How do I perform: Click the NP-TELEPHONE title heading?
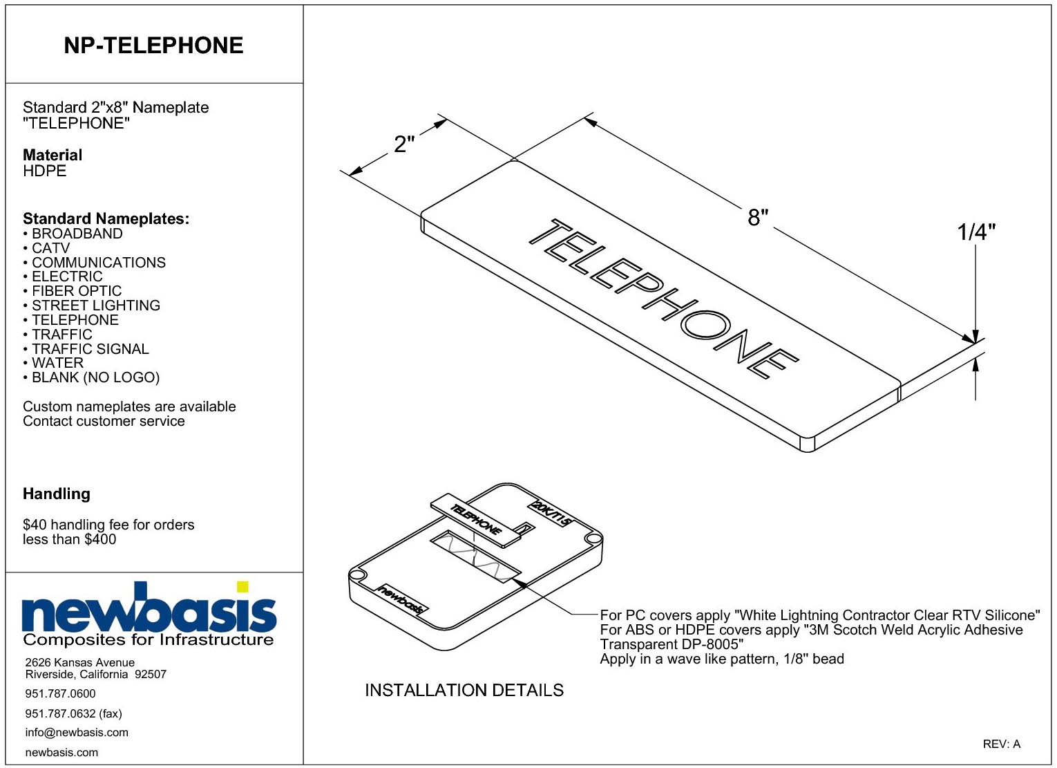[x=153, y=46]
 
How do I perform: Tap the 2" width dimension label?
[x=404, y=144]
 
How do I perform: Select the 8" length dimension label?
[x=758, y=217]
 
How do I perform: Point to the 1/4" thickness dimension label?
[x=976, y=232]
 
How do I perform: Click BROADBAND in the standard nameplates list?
[x=77, y=234]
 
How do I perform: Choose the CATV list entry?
[x=50, y=248]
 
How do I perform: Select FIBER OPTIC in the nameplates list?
[x=77, y=291]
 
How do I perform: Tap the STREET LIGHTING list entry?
[x=96, y=306]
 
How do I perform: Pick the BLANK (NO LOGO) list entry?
[x=96, y=377]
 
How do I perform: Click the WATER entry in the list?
[x=57, y=364]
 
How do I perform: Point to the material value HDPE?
[x=45, y=171]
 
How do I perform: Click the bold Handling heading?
[x=57, y=494]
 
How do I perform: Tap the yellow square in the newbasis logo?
[x=242, y=587]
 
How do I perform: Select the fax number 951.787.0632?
[x=60, y=713]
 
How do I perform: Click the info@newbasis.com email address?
[x=77, y=733]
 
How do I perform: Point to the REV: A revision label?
[x=1002, y=744]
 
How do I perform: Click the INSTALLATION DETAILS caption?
[x=464, y=691]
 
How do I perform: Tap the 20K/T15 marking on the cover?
[x=551, y=513]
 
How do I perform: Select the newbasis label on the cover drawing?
[x=401, y=599]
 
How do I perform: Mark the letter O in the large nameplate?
[x=706, y=325]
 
